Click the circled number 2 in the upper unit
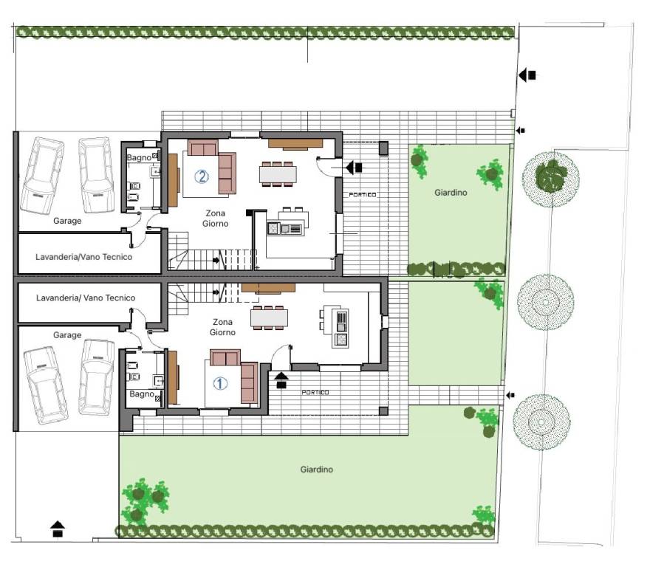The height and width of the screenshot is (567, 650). point(202,177)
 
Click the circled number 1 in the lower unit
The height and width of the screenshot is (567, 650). point(220,383)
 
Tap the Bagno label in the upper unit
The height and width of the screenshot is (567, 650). point(139,157)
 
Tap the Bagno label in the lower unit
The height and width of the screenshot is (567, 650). point(142,394)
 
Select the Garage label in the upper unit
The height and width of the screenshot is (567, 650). point(67,221)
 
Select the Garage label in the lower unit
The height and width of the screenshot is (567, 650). point(67,335)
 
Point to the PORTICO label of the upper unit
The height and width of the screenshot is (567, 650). point(363,194)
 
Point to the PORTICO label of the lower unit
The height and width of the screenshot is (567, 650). point(315,392)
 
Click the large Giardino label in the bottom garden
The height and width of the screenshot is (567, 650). point(317,470)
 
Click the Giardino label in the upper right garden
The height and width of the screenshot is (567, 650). point(451,192)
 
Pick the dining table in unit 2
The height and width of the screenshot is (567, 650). point(278,174)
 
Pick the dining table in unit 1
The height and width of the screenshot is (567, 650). point(269,318)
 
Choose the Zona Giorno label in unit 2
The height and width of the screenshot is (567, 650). point(216,219)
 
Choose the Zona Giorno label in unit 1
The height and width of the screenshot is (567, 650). point(222,327)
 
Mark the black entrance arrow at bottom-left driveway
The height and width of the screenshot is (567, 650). point(58,529)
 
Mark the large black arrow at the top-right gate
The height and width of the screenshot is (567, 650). point(527,75)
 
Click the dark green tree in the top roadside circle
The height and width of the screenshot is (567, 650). point(550,174)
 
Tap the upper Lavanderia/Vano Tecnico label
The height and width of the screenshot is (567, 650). point(83,257)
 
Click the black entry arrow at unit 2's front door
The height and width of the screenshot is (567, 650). point(354,168)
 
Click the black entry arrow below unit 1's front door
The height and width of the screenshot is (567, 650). point(281,380)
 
